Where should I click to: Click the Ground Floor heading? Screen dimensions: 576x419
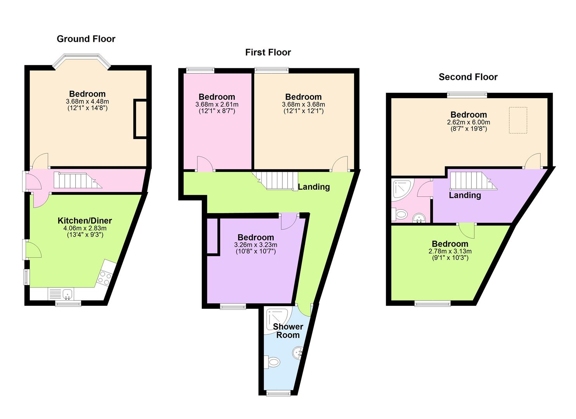click(x=86, y=39)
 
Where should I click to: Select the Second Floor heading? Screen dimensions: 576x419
click(x=468, y=77)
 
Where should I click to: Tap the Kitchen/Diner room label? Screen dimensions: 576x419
click(x=85, y=221)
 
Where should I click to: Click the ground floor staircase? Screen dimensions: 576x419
click(x=77, y=181)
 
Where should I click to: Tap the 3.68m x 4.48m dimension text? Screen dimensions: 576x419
click(x=87, y=101)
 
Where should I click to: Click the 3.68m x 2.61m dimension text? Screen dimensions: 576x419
click(x=217, y=104)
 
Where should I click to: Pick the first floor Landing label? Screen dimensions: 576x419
click(x=313, y=187)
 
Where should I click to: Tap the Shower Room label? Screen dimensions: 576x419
click(x=288, y=331)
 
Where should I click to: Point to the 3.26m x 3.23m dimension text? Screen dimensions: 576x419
click(x=256, y=245)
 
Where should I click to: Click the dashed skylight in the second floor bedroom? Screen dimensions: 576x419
click(x=518, y=120)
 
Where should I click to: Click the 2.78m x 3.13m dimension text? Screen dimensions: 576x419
click(x=450, y=251)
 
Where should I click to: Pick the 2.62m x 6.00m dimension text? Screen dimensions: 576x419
click(x=469, y=122)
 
